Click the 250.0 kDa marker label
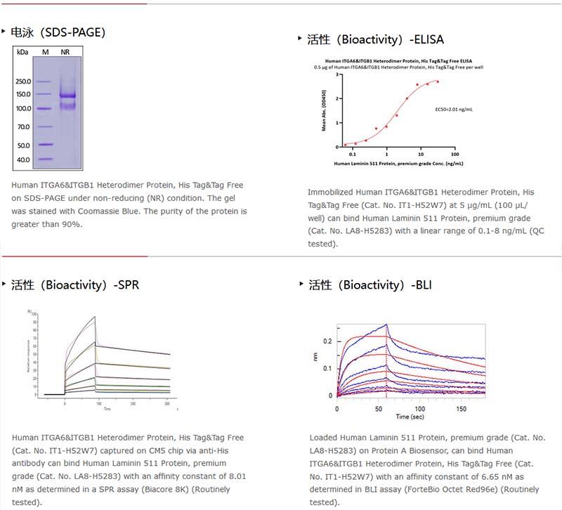tap(23, 81)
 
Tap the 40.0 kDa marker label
tap(23, 160)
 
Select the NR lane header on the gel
tap(65, 53)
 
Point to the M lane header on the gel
tap(45, 53)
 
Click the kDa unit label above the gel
tap(22, 53)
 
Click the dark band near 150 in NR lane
tap(67, 95)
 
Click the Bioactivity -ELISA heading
tap(376, 39)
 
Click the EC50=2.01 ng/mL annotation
tap(453, 109)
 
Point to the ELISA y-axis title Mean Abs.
tap(324, 112)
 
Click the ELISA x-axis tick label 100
tap(455, 154)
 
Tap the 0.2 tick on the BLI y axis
tap(327, 341)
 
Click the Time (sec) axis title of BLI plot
tap(409, 417)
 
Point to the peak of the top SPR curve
tap(95, 317)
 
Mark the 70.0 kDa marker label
tap(23, 127)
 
